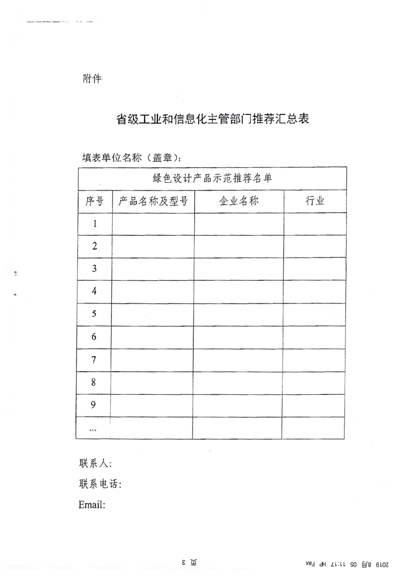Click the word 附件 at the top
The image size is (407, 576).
[92, 79]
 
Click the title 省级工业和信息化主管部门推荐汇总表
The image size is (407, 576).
[213, 120]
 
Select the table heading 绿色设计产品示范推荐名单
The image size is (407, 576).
[212, 179]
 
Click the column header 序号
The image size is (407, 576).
[94, 201]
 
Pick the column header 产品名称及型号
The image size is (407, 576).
[153, 201]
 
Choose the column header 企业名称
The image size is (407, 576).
[239, 201]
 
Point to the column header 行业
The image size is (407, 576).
[315, 201]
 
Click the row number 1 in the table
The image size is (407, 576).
[95, 224]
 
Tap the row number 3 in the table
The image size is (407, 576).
[94, 268]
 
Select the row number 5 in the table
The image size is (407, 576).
[94, 314]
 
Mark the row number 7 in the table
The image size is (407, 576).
[94, 360]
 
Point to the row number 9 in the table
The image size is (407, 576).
[94, 405]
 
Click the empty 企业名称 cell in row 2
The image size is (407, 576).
[239, 246]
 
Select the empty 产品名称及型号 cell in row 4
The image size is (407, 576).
[153, 292]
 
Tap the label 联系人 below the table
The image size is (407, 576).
[95, 463]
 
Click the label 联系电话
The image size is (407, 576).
[100, 484]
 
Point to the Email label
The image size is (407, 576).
[92, 505]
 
